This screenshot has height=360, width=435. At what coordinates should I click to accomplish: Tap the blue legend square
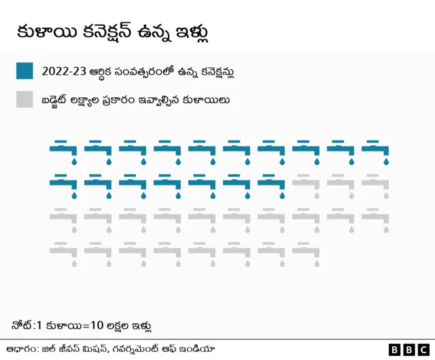24,71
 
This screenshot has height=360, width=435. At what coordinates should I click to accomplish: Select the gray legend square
24,100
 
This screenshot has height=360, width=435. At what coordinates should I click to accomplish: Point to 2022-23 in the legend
64,71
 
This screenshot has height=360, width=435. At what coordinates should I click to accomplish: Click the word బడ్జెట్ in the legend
57,101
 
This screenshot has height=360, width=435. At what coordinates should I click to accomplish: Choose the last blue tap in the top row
375,151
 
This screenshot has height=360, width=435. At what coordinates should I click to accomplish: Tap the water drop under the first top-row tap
74,162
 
